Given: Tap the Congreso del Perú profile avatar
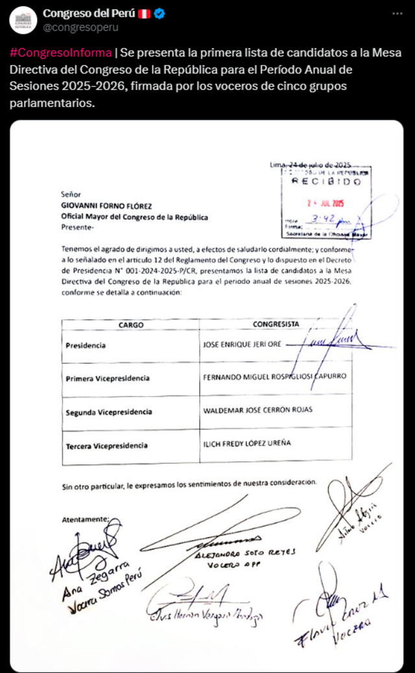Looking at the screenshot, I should coord(23,20).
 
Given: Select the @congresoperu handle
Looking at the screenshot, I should coord(80,28).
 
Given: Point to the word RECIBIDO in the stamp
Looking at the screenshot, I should coord(326,182).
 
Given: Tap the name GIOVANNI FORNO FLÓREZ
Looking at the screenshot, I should coord(106,206).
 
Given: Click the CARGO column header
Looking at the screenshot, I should coord(131,324).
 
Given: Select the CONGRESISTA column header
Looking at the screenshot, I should coord(276,324).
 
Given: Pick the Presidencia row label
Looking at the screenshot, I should coord(85,346).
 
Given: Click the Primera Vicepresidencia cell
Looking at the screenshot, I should coord(108,378).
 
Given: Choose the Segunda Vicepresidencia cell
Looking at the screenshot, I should coord(109,412).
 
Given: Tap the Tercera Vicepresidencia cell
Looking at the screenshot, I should coord(106,445).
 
